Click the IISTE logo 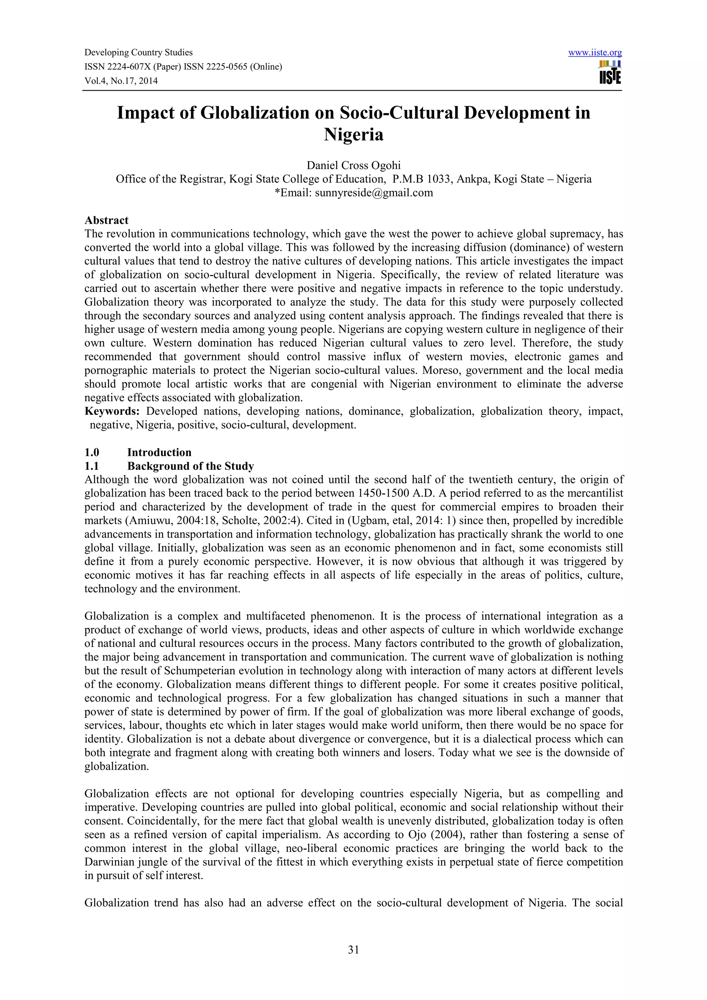tap(610, 73)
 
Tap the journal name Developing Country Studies tap(138, 53)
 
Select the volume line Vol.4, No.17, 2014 tap(121, 81)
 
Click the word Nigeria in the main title tap(353, 134)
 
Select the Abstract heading tap(106, 220)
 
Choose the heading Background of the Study tap(190, 466)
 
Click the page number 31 tap(353, 950)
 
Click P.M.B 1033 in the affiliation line tap(419, 179)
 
